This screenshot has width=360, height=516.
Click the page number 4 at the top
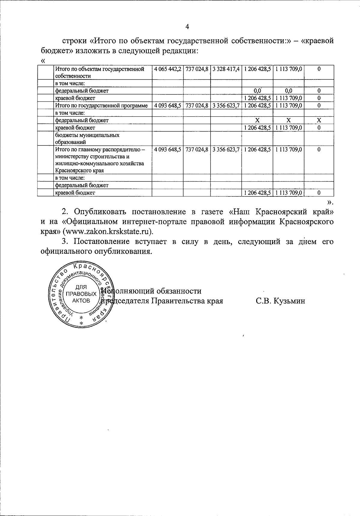coord(187,27)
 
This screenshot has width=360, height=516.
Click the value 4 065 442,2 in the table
coord(167,69)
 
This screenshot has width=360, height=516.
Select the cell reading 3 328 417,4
coord(226,69)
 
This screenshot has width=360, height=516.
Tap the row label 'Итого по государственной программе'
coord(101,106)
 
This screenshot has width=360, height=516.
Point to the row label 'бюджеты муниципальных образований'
coord(87,139)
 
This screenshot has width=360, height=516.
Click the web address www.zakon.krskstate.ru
coord(108,231)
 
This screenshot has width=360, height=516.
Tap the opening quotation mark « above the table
coord(43,61)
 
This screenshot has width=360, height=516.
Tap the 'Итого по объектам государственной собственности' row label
coord(99,72)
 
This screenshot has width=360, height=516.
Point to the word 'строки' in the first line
coord(73,41)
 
